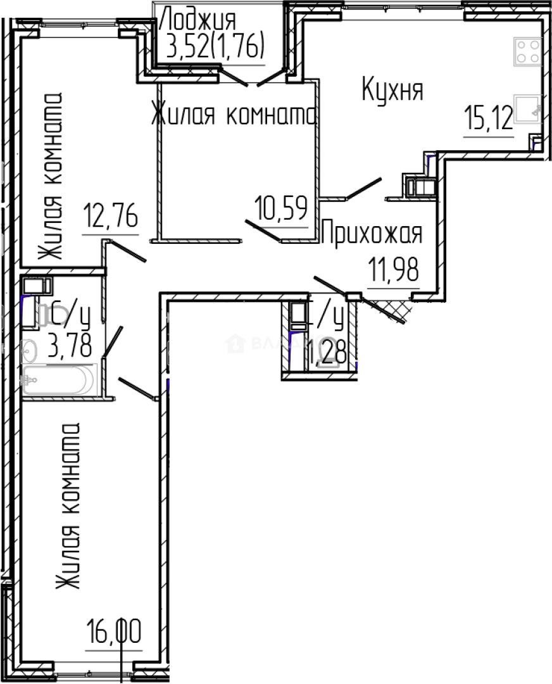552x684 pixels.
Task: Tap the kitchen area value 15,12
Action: pos(488,118)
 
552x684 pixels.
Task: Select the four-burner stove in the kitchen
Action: pos(527,51)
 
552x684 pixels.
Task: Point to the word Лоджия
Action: pos(199,20)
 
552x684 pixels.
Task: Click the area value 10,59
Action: pos(281,208)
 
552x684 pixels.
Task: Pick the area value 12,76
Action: pos(111,217)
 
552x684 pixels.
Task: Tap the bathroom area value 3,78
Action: pos(70,346)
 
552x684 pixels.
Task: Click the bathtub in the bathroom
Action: pos(58,380)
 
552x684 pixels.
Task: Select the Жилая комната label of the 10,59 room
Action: pos(234,115)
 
